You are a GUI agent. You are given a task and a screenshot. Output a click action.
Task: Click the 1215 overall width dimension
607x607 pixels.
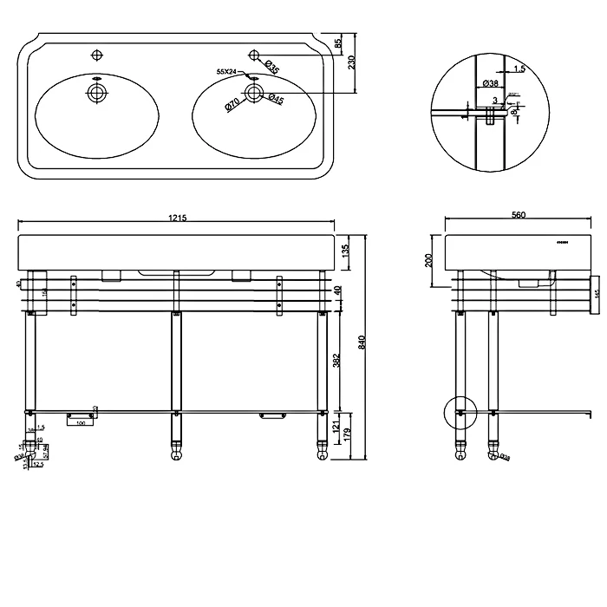[x=177, y=217]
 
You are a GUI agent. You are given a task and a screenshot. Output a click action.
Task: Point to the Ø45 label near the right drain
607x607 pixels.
[x=276, y=100]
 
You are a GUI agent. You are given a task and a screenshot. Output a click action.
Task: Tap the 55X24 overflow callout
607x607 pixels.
[x=226, y=71]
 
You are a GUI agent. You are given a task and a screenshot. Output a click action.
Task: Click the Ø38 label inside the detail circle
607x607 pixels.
[x=490, y=83]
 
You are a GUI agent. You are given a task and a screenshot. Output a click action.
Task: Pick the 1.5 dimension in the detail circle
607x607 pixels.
[x=519, y=68]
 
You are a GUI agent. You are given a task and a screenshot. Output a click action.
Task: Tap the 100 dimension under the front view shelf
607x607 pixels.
[x=82, y=424]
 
